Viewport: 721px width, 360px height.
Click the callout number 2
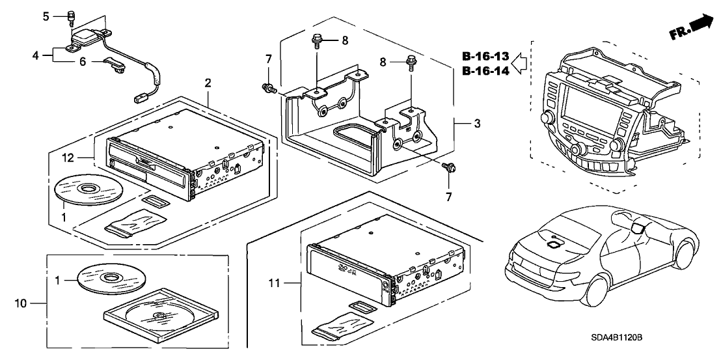click(x=208, y=83)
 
